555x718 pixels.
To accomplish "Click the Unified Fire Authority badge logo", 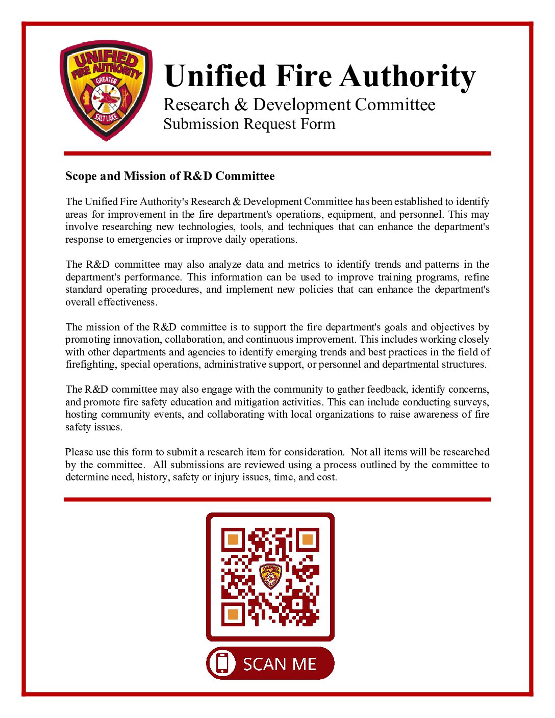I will tap(106, 91).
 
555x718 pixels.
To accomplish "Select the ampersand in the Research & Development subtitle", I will tap(241, 105).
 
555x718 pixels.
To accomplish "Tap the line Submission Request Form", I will tap(249, 124).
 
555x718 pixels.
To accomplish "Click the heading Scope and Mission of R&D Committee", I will tap(170, 176).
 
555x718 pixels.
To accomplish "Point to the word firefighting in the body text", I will tap(91, 365).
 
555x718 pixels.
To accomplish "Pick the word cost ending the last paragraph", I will tap(326, 477).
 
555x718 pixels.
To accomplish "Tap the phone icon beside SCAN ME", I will tap(222, 663).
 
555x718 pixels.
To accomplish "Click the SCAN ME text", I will tap(280, 664).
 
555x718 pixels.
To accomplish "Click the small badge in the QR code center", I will tap(270, 576).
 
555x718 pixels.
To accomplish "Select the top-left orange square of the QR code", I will tap(233, 540).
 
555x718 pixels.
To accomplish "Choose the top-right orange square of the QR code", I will tap(307, 540).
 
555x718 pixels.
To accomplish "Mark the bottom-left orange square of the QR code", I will tap(233, 613).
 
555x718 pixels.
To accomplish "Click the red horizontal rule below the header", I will tap(277, 153).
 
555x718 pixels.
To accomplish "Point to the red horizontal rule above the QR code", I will tap(277, 499).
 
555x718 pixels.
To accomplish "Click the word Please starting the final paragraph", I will tap(79, 452).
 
